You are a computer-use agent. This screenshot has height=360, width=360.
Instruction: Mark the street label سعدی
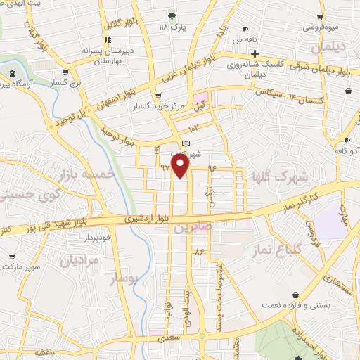pyautogui.click(x=169, y=337)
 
